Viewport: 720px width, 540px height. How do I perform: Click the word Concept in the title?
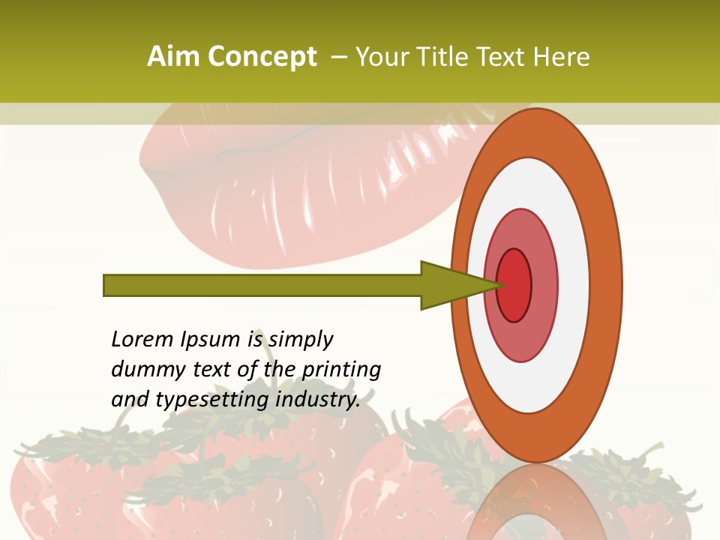coord(262,57)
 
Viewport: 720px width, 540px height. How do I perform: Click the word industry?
coord(318,400)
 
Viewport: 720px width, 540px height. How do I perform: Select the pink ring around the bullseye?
coord(544,285)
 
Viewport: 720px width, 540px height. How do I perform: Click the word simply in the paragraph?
coord(301,340)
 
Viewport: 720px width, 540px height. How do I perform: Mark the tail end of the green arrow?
coord(109,285)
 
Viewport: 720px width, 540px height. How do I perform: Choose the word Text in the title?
coord(505,57)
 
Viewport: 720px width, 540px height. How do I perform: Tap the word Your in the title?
coord(382,57)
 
